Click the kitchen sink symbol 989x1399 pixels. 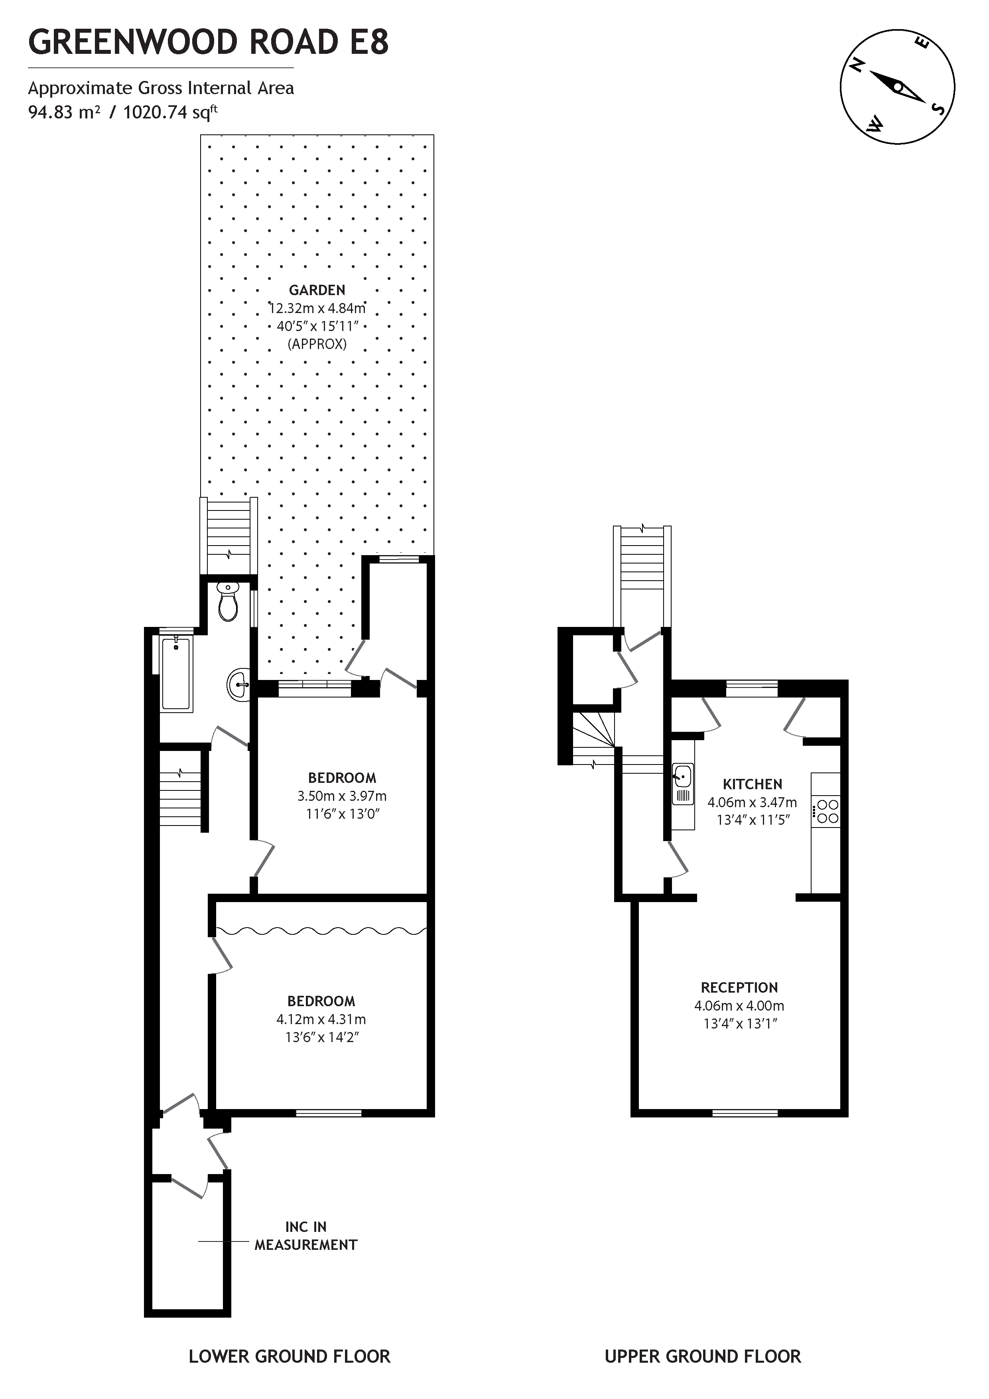click(682, 784)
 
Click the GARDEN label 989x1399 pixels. click(317, 290)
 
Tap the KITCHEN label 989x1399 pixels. click(752, 784)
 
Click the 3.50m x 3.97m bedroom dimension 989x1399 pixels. click(342, 796)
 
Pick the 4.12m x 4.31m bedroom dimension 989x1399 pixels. click(321, 1019)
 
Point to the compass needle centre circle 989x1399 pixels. click(898, 87)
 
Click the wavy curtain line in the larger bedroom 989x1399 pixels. click(321, 930)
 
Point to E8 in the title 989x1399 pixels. click(368, 43)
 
